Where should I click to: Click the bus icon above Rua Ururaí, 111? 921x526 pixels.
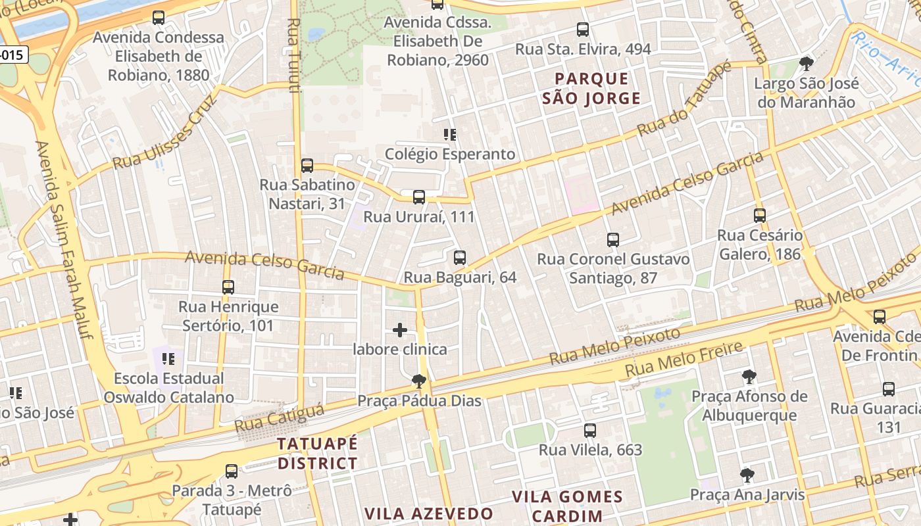click(418, 197)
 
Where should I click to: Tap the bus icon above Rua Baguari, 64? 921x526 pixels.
click(460, 258)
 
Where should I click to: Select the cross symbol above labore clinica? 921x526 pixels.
click(400, 329)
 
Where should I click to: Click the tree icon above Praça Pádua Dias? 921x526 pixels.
click(418, 381)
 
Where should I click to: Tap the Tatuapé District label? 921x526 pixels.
click(317, 453)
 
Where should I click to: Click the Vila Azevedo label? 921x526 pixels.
click(429, 514)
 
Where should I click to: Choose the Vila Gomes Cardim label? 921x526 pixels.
click(567, 506)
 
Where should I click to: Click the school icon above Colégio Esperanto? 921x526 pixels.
click(450, 135)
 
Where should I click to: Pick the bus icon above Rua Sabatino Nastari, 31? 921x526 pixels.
click(307, 165)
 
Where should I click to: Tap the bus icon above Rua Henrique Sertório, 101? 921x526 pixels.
click(228, 287)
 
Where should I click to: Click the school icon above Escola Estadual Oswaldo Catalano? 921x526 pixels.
click(168, 359)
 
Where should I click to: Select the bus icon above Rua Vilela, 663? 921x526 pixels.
click(590, 431)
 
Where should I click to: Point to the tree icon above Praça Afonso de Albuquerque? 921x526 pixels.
click(749, 377)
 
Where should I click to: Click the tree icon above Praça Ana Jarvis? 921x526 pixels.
click(747, 475)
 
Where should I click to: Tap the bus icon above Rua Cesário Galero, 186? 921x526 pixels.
click(760, 215)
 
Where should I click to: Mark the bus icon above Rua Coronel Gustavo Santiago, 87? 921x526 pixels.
click(613, 239)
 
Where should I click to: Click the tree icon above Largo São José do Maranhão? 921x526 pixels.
click(806, 64)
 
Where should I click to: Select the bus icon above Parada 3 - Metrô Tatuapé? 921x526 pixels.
click(232, 471)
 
